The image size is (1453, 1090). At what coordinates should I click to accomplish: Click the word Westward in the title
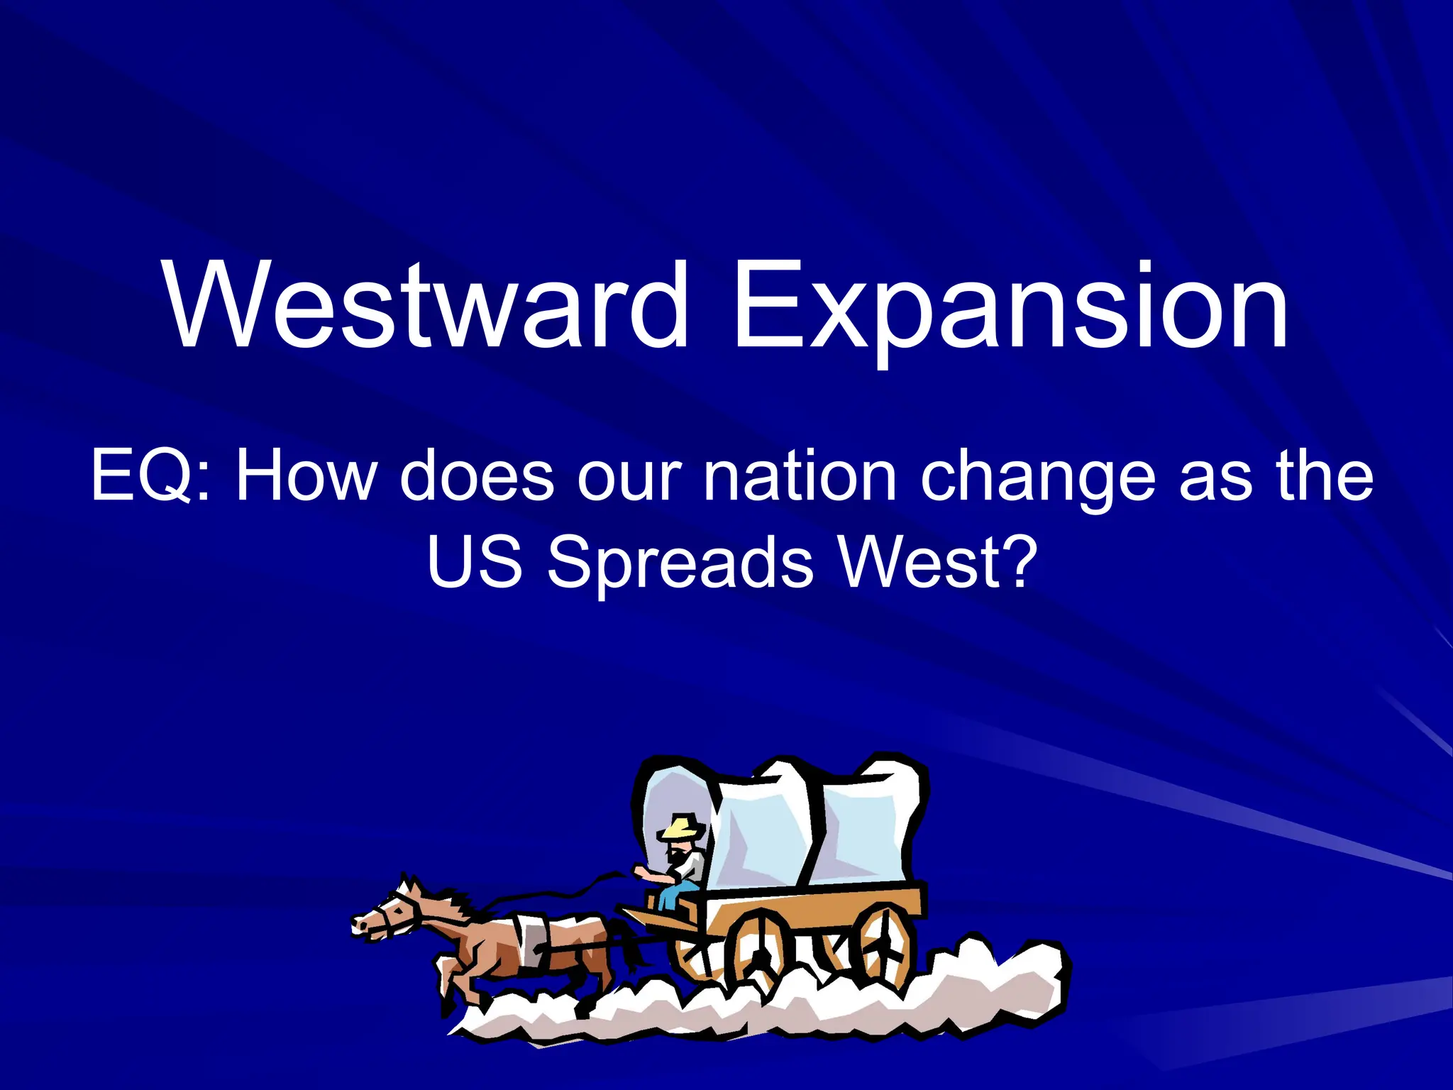[x=426, y=305]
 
